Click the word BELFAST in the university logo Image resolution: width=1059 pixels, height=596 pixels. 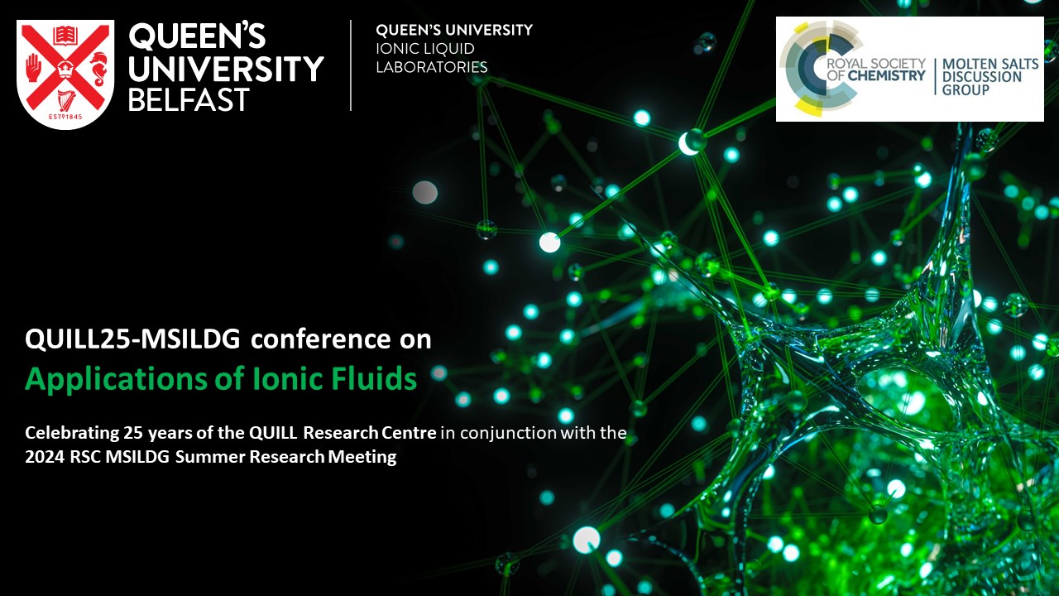point(189,100)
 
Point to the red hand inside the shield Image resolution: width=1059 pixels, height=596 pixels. point(35,68)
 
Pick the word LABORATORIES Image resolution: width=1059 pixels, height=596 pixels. point(432,67)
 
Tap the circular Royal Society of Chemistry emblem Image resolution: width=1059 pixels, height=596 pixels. point(815,68)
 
